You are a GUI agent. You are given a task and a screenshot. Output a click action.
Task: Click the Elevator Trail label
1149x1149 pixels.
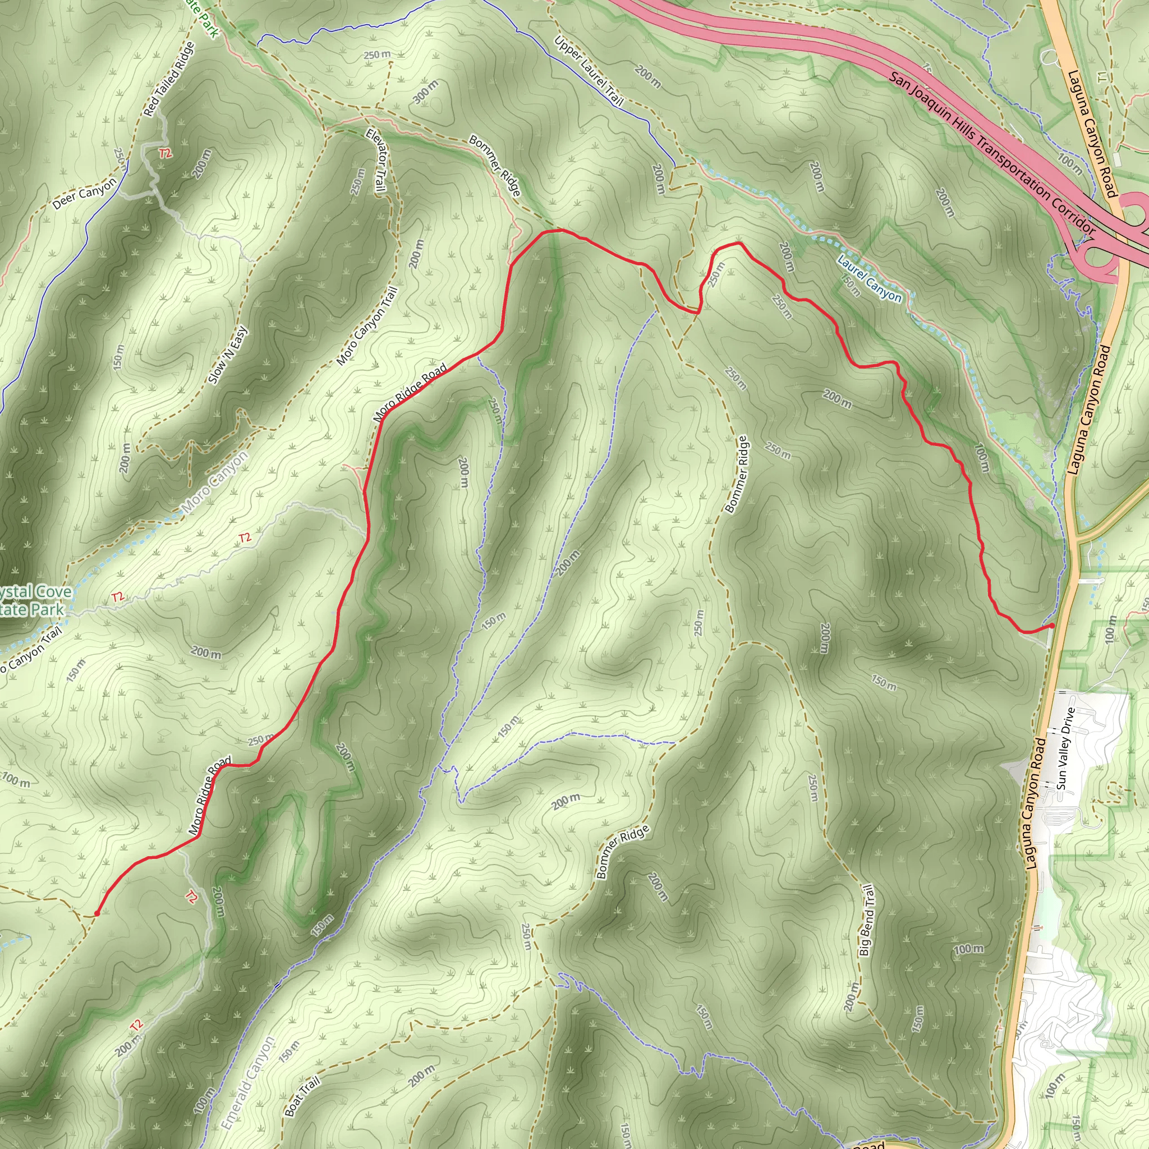coord(375,160)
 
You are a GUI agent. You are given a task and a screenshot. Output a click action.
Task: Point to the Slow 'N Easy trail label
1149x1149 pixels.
coord(228,356)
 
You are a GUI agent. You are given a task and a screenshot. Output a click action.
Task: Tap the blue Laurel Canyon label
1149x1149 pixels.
coord(869,278)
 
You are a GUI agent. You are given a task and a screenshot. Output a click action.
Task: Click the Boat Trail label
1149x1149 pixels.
coord(302,1097)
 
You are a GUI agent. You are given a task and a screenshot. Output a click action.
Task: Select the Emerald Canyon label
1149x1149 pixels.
coord(247,1083)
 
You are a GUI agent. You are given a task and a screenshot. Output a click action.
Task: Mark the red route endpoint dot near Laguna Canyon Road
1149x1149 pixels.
coord(1051,626)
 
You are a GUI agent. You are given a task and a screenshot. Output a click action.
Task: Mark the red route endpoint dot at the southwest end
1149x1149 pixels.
coord(96,913)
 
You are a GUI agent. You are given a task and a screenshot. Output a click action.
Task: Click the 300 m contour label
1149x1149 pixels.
coord(425,91)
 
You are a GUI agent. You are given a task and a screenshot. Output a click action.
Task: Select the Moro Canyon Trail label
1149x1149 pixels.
coord(366,327)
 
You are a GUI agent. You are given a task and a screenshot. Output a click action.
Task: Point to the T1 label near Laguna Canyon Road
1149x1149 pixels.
coord(1104,77)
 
